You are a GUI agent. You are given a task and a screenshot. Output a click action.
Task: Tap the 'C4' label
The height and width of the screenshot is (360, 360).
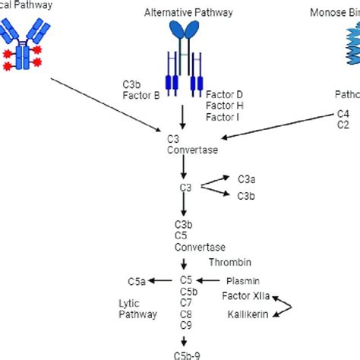(x=344, y=114)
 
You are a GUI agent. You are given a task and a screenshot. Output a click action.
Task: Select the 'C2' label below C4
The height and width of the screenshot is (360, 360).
(x=344, y=125)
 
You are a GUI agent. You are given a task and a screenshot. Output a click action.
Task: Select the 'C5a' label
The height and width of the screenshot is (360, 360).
(x=136, y=281)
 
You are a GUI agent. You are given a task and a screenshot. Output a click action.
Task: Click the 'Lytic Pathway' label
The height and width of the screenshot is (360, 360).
(x=139, y=308)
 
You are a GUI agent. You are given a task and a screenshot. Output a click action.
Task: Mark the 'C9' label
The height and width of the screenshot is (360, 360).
(x=185, y=324)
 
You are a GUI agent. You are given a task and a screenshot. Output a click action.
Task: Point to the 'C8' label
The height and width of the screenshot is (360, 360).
(x=185, y=313)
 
